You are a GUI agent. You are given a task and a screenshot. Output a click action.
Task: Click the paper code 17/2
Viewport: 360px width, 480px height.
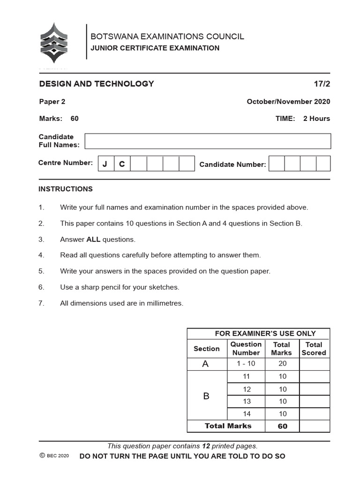click(322, 84)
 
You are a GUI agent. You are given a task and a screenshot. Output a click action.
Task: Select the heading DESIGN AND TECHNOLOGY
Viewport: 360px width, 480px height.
click(97, 84)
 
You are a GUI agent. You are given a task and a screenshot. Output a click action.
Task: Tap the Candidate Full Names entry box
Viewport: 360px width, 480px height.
click(208, 141)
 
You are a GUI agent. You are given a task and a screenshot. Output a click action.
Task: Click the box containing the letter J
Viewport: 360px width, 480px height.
click(105, 164)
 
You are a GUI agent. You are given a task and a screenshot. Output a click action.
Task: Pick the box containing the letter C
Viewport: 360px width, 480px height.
click(122, 164)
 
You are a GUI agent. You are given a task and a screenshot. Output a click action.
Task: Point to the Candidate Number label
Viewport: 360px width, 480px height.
click(232, 165)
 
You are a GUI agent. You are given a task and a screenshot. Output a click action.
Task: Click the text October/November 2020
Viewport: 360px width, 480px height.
click(288, 102)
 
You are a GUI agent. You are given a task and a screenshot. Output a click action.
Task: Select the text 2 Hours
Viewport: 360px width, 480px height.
click(316, 119)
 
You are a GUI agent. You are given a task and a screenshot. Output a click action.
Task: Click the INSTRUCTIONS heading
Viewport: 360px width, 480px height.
click(66, 189)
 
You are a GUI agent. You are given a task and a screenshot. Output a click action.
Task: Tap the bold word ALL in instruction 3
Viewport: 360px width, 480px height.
click(93, 240)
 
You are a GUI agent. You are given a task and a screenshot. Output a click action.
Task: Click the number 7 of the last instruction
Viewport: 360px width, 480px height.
click(41, 303)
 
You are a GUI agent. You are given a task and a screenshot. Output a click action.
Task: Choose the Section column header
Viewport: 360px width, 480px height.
click(206, 349)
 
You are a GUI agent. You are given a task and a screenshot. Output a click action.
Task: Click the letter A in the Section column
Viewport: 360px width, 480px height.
click(205, 364)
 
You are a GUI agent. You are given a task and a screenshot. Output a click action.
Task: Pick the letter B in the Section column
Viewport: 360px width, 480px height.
click(206, 396)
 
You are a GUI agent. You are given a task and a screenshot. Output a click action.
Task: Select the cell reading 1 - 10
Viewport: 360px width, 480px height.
click(246, 364)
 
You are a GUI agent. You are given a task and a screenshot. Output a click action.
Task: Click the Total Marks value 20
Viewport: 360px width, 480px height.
click(282, 364)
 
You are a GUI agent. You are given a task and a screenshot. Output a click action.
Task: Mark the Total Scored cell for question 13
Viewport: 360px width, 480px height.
click(314, 401)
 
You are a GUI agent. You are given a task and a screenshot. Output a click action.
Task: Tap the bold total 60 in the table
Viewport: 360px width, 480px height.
click(282, 426)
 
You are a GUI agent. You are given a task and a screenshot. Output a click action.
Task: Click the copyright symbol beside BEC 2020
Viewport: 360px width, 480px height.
click(42, 456)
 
